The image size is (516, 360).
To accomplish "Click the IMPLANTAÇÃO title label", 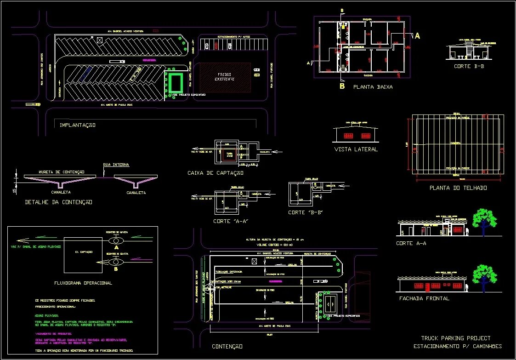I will (x=77, y=125).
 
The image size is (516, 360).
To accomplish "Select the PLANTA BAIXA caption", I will (x=373, y=86).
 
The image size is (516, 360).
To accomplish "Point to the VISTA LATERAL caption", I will (x=356, y=149).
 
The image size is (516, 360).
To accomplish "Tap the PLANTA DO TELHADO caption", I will (x=458, y=188).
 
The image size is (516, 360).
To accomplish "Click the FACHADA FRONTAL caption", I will (x=424, y=298).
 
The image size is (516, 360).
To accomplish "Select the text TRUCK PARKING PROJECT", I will (x=456, y=338).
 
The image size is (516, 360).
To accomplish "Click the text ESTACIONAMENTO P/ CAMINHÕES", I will (x=458, y=346).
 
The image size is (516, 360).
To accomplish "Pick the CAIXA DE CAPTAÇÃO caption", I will (x=215, y=173).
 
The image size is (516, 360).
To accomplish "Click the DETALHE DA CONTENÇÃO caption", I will (x=59, y=202).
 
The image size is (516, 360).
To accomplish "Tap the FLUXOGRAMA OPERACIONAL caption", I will (x=83, y=283).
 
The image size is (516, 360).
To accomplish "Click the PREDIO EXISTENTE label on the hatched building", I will (x=225, y=77).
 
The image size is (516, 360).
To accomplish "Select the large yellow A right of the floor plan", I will (x=417, y=35).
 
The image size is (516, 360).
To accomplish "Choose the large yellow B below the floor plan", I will (x=342, y=86).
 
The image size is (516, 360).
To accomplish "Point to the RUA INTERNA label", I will (x=116, y=165).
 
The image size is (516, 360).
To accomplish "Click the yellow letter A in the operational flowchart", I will (x=117, y=247).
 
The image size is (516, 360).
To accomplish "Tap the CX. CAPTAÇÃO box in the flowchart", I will (x=83, y=252).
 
